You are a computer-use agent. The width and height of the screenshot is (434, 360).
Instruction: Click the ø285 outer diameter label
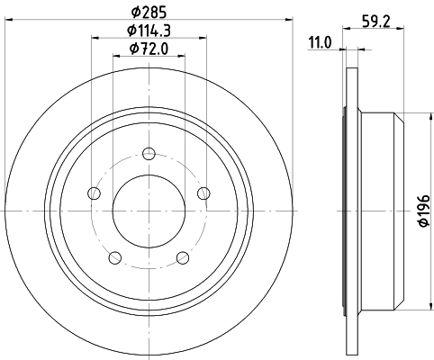[x=149, y=12]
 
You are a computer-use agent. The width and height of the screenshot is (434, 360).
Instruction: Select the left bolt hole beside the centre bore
[x=95, y=191]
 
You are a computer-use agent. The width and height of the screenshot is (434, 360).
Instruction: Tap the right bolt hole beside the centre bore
[x=203, y=191]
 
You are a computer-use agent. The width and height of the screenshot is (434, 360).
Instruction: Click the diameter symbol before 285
[x=134, y=12]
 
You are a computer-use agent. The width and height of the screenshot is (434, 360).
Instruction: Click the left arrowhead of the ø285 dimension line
[x=8, y=21]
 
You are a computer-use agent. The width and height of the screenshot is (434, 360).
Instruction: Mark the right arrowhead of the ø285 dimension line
[x=290, y=21]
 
